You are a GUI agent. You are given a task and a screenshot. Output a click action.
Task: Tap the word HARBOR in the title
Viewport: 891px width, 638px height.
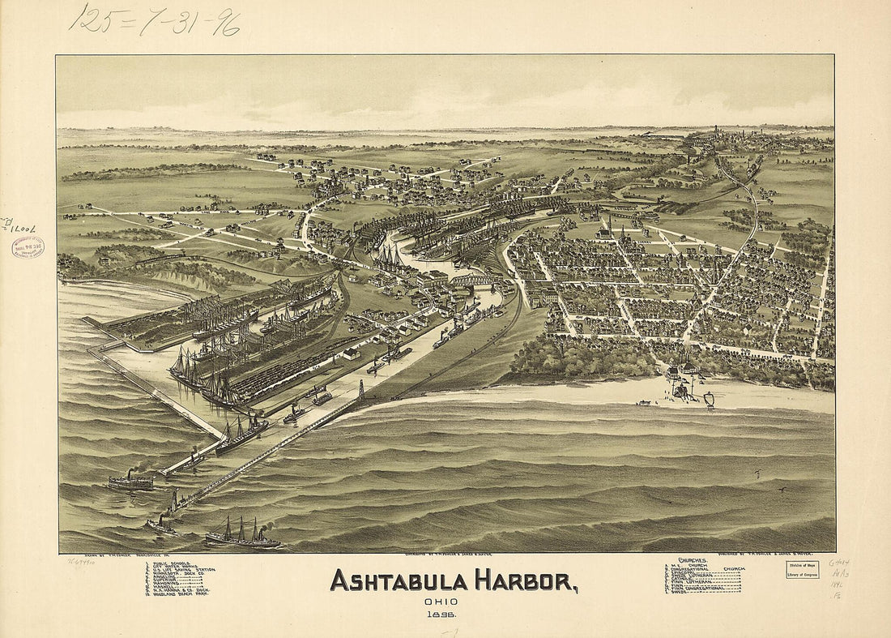[526, 581]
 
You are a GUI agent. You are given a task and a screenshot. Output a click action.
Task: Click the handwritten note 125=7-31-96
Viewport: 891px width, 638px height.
[154, 19]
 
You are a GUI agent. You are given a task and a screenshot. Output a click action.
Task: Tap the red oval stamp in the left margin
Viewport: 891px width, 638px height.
[28, 246]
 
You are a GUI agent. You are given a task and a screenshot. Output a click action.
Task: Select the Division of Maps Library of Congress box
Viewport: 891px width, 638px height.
[802, 569]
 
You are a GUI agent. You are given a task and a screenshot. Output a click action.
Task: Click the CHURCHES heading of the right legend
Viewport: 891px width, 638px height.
[694, 560]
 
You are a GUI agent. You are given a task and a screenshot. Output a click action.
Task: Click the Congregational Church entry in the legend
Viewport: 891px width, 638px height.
[705, 569]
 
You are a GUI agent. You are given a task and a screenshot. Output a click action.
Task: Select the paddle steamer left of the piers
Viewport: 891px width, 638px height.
[130, 482]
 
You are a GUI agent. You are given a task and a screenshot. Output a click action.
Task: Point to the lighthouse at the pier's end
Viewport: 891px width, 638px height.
[173, 500]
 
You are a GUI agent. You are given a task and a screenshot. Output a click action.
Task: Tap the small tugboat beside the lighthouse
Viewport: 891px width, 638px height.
[160, 525]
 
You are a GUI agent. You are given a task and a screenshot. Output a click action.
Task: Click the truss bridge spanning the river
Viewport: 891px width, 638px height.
[473, 280]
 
